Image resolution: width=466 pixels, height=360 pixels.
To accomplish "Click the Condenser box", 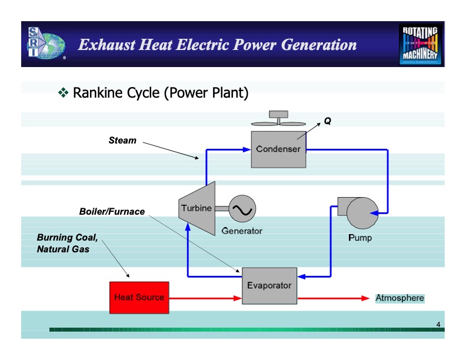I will [x=278, y=149].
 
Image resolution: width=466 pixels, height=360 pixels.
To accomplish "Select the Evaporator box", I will [x=269, y=285].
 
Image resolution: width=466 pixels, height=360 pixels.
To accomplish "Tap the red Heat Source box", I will [x=139, y=298].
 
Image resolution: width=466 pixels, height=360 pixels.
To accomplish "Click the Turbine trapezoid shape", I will [x=196, y=209].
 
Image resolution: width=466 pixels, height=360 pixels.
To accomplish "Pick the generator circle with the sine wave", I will [x=242, y=209].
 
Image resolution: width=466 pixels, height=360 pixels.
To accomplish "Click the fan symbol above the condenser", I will [x=278, y=121].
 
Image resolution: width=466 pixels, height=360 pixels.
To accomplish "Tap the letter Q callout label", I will [x=328, y=121].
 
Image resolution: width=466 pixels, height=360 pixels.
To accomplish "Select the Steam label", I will [x=122, y=141].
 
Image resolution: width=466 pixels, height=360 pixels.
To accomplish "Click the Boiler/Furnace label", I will [x=112, y=212].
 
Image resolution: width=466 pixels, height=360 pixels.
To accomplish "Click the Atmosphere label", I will [x=400, y=298].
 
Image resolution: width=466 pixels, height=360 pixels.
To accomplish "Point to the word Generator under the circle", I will [x=242, y=231].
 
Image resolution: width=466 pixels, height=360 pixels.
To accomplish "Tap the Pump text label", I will [x=360, y=238].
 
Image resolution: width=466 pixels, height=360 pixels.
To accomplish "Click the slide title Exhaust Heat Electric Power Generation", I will [x=217, y=45].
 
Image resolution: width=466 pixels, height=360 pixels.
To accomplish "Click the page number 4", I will [x=438, y=325].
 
